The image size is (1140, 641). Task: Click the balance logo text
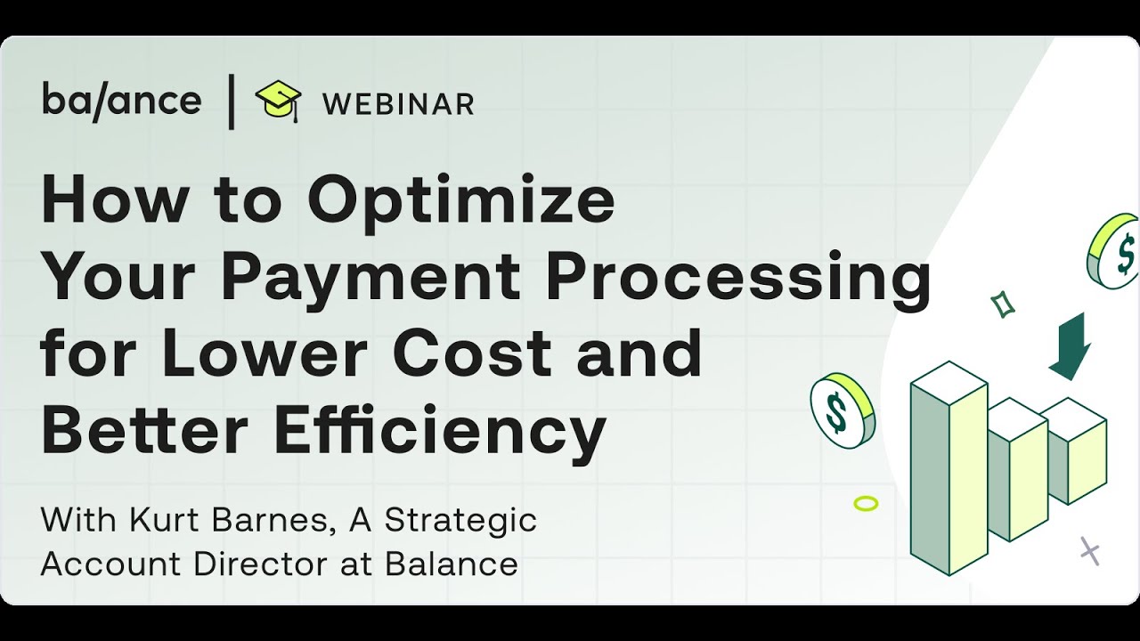121,101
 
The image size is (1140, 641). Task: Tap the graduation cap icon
278,101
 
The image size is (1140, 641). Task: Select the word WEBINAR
398,104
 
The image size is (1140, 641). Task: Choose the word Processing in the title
738,278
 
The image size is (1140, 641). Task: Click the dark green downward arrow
1070,345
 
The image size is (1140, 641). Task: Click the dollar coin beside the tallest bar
843,410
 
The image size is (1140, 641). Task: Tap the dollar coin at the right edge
1115,251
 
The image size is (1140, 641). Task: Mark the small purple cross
1089,551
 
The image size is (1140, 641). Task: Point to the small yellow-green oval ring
866,504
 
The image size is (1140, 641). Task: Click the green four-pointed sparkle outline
1004,304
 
